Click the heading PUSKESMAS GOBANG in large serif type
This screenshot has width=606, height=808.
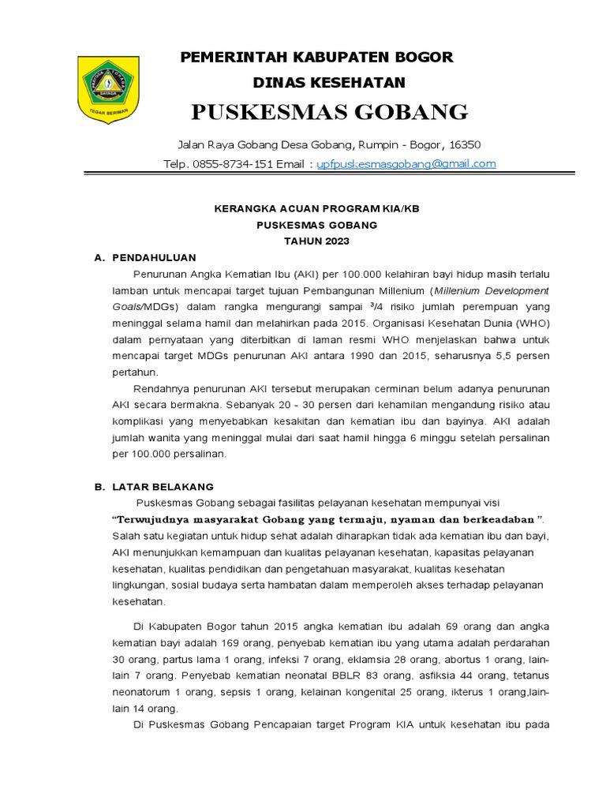[x=330, y=112]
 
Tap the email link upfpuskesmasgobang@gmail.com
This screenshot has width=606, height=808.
[x=406, y=163]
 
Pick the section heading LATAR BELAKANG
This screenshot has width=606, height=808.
[x=163, y=487]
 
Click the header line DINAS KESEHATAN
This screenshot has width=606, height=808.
[x=328, y=82]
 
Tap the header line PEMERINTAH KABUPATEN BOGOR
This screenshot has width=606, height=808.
[x=317, y=58]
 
